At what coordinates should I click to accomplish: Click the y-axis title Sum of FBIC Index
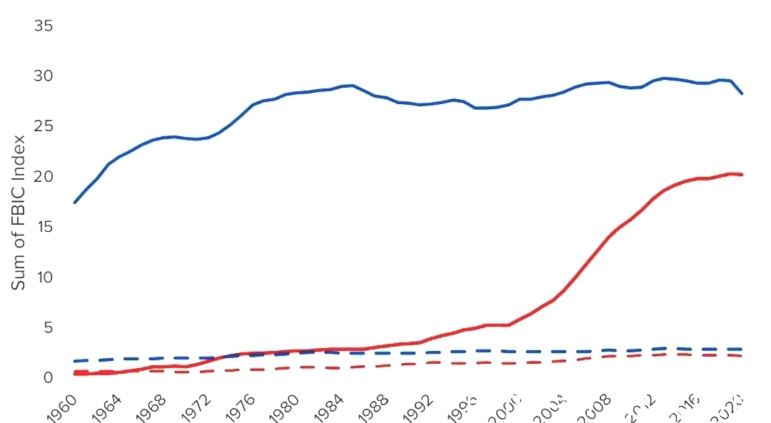click(x=19, y=201)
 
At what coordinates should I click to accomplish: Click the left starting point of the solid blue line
click(x=74, y=203)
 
